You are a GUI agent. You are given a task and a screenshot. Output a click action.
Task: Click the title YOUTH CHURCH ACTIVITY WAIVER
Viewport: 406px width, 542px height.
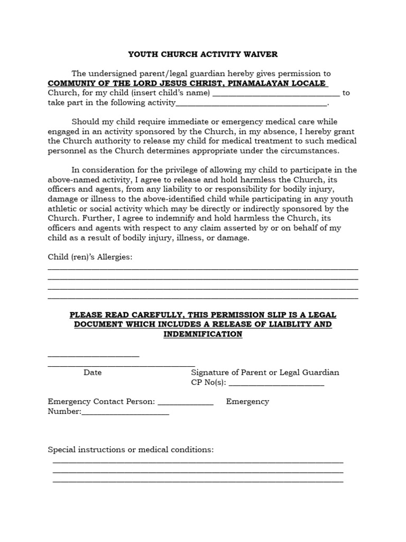204,55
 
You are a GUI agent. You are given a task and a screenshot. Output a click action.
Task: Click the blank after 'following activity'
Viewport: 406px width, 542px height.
251,103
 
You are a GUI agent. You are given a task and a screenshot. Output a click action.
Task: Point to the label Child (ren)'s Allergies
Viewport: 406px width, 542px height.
90,257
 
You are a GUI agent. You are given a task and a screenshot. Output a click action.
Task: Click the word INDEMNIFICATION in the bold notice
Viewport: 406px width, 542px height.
203,334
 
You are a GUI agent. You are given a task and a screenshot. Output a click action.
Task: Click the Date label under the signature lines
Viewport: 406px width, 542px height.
93,372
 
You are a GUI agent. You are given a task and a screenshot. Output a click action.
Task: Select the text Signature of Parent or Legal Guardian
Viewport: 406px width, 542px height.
265,372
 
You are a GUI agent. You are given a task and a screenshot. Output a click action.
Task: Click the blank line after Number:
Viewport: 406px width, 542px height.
125,412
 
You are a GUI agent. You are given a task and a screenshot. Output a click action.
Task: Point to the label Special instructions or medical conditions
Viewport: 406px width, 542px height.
131,449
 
